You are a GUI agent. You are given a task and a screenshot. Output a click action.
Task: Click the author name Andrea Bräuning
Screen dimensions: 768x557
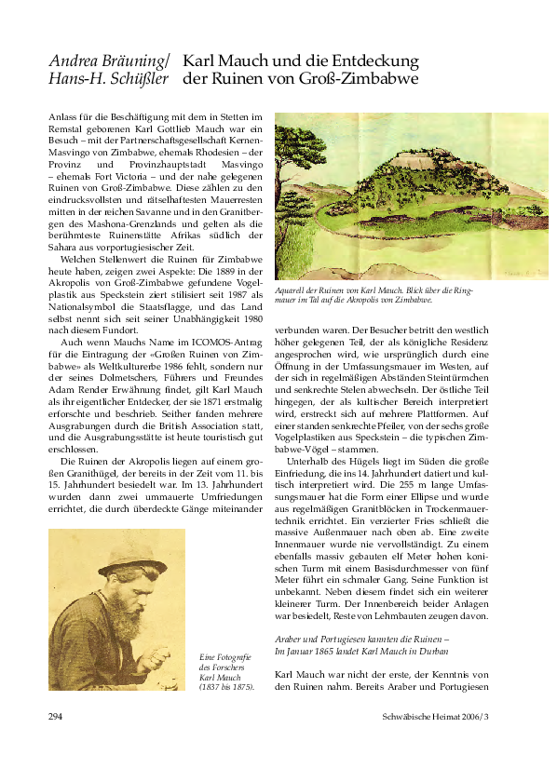[x=108, y=61]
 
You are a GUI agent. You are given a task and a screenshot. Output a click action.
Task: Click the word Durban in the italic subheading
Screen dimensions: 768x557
[x=434, y=653]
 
